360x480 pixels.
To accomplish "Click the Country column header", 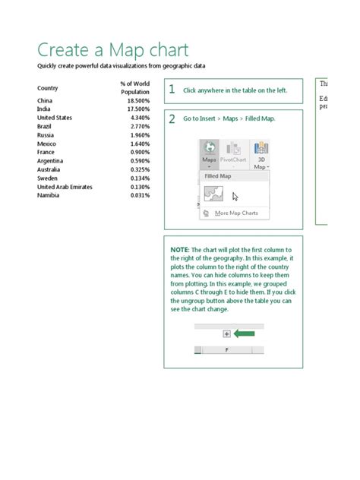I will [48, 88].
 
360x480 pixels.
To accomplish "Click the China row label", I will [45, 100].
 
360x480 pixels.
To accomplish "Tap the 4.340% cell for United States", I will [139, 118].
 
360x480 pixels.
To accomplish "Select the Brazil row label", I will [45, 126].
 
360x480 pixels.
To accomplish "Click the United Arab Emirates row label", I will [65, 187].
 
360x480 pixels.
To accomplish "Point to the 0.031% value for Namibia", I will [139, 195].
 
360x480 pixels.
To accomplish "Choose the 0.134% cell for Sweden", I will [139, 178].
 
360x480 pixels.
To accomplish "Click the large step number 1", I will [172, 90].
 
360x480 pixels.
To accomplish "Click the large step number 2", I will [172, 119].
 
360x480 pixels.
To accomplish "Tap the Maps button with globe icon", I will [210, 153].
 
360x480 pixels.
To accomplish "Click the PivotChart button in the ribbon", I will [235, 153].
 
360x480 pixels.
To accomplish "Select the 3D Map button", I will [261, 153].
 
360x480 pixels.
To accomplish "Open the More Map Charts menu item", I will [235, 213].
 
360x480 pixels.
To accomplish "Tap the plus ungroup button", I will [226, 333].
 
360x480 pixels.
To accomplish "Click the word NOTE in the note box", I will [179, 250].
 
